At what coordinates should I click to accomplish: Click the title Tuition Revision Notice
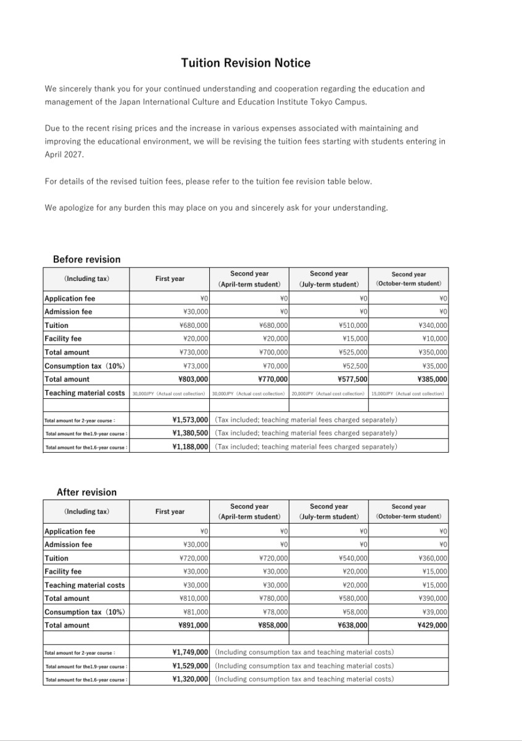(x=246, y=63)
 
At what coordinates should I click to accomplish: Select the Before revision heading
(x=86, y=259)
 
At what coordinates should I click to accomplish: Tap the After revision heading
(x=86, y=492)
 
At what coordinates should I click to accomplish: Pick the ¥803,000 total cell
(x=193, y=379)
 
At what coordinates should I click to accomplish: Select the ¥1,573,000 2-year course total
(x=190, y=420)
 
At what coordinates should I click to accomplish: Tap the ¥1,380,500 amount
(x=190, y=433)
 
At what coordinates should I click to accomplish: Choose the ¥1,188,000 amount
(x=190, y=446)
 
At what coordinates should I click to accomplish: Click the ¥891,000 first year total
(x=193, y=625)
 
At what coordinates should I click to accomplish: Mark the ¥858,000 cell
(x=273, y=625)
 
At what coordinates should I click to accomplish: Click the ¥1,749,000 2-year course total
(x=190, y=652)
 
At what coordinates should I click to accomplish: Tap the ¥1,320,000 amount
(x=190, y=679)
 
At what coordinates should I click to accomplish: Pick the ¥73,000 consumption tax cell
(x=196, y=366)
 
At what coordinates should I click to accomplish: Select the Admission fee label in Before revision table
(x=68, y=312)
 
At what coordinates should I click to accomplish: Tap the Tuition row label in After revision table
(x=57, y=558)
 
